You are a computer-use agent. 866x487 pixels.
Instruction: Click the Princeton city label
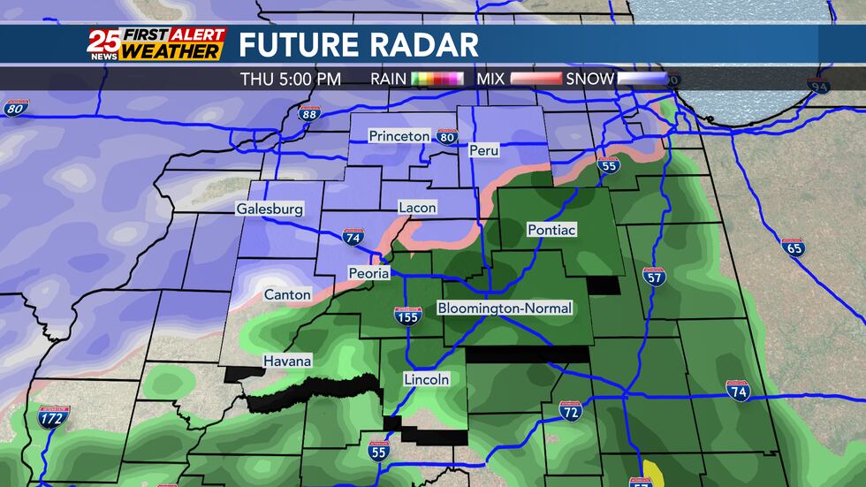[x=399, y=136]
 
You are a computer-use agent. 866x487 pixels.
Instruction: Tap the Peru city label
[x=484, y=150]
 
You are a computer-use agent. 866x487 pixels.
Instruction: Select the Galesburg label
[x=270, y=209]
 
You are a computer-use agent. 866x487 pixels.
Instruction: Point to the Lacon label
[x=417, y=207]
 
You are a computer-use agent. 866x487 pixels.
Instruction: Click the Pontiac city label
[x=551, y=230]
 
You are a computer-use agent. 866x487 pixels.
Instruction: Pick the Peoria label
[x=368, y=273]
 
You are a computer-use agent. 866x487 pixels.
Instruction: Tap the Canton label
[x=287, y=294]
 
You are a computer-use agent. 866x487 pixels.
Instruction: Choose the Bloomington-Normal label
[x=505, y=308]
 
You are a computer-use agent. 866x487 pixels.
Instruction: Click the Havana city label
[x=287, y=361]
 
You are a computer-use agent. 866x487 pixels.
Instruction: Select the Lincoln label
[x=427, y=379]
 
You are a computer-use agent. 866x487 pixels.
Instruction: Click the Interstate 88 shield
[x=308, y=113]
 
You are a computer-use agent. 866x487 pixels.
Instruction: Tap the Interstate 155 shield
[x=408, y=316]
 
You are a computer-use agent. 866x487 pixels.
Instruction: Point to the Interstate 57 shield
[x=654, y=276]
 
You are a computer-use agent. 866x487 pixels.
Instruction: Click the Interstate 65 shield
[x=793, y=247]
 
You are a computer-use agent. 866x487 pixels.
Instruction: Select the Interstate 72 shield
[x=571, y=410]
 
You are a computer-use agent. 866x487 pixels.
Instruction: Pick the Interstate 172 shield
[x=54, y=417]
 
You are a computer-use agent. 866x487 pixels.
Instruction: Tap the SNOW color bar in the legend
[x=642, y=79]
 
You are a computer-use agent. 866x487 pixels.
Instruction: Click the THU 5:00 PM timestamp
[x=290, y=79]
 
